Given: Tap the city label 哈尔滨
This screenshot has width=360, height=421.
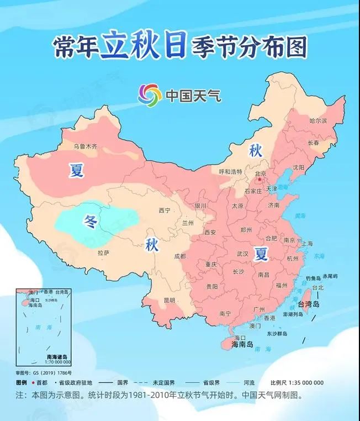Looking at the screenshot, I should coord(318,120).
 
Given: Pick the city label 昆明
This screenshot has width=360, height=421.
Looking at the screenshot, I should coord(169,300).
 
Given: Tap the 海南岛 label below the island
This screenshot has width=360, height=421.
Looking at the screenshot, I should coord(242,345).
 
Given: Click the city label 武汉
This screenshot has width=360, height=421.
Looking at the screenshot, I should coord(242,254).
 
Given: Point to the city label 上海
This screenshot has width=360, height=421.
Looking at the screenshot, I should coord(306,243).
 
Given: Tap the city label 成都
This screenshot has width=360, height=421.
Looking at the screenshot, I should coord(179,256).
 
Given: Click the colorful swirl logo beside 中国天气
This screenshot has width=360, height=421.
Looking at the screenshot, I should coord(150,94).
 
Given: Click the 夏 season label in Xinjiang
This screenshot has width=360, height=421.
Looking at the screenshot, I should coord(77,171).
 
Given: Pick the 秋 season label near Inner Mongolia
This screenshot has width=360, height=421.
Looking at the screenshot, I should coord(255,150).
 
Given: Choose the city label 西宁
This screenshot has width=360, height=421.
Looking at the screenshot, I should coord(165,211).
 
